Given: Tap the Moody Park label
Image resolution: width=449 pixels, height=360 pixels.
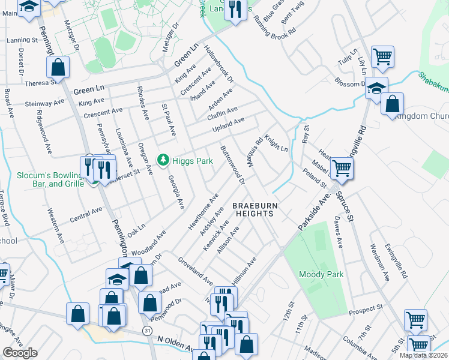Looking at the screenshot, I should pos(321,274).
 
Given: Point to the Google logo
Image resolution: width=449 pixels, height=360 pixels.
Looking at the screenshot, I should pos(20,353).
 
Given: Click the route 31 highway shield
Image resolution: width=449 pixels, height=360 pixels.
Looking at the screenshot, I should pos(147,331).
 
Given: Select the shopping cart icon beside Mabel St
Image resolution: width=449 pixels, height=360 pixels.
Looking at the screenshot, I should pos(341,168).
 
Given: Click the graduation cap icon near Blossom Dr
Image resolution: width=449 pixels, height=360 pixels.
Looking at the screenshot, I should pos(376,88).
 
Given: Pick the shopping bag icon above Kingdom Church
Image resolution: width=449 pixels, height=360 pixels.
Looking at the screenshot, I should pos(392,103).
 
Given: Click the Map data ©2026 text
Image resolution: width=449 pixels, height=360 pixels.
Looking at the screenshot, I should pos(423,355).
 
